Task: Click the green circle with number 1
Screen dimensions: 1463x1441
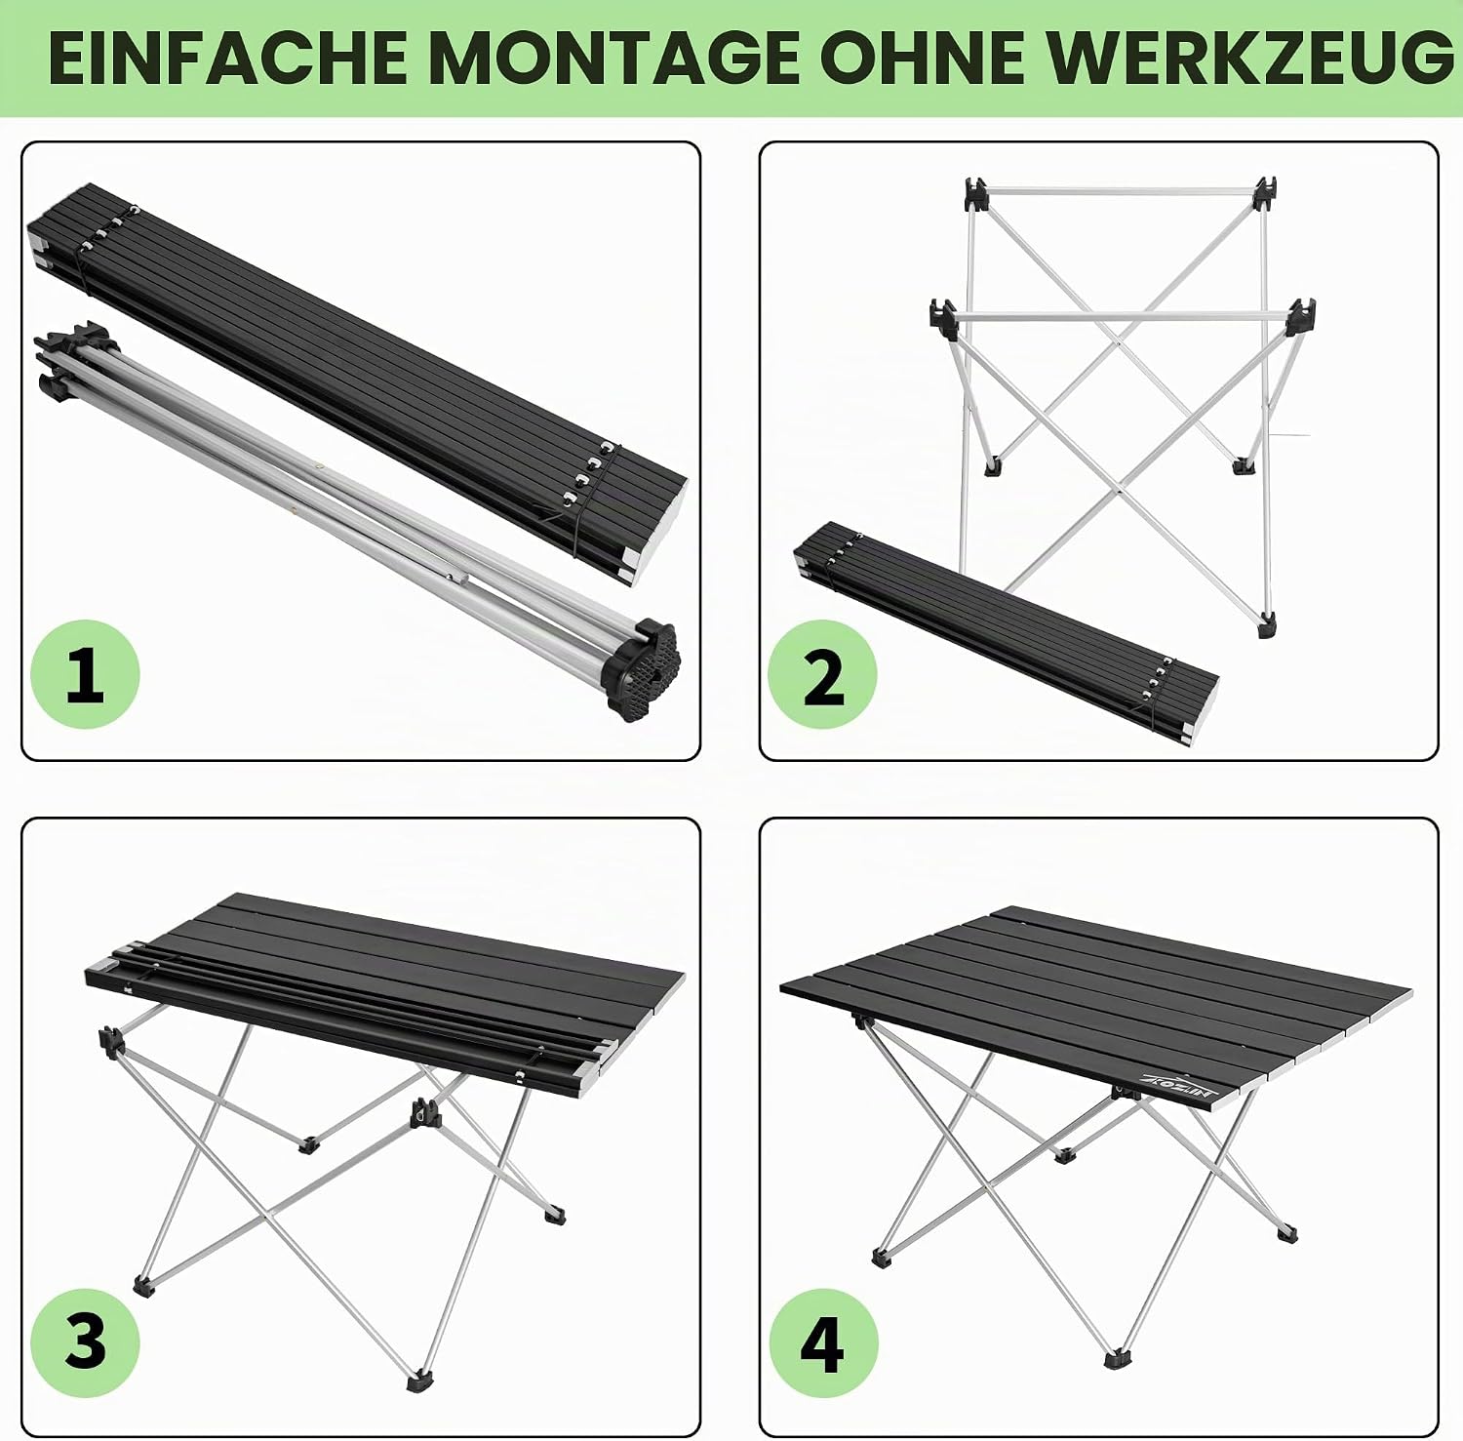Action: pos(85,674)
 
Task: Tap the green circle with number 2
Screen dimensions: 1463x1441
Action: pos(822,674)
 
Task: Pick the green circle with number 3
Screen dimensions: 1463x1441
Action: pos(85,1341)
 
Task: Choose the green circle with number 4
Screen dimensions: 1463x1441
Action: pos(822,1341)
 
